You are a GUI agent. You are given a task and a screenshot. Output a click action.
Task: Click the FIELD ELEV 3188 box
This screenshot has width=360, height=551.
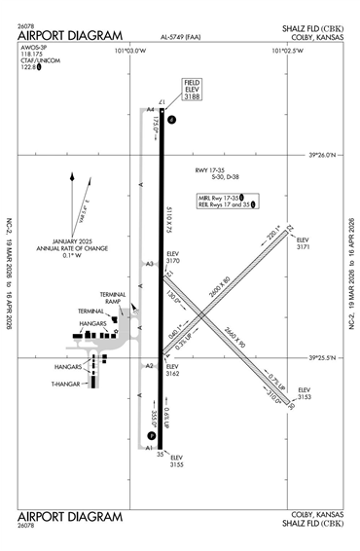(193, 91)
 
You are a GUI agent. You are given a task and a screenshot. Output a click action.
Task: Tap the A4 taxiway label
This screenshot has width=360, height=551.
(151, 111)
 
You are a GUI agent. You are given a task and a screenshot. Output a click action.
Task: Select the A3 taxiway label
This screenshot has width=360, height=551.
(150, 264)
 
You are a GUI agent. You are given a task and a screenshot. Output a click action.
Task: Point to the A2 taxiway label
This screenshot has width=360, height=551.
(150, 365)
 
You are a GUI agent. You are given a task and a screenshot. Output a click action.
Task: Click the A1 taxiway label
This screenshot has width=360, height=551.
(150, 449)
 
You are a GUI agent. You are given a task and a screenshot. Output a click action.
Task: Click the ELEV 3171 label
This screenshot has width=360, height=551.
(303, 243)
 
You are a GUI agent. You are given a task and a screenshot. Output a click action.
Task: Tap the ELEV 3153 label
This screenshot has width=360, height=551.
(304, 392)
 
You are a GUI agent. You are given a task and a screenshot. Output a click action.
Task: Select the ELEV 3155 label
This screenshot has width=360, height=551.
(176, 461)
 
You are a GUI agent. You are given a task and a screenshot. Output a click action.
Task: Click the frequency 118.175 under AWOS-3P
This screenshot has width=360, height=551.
(33, 54)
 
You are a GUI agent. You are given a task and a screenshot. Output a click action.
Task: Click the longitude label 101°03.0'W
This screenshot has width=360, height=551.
(130, 50)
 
